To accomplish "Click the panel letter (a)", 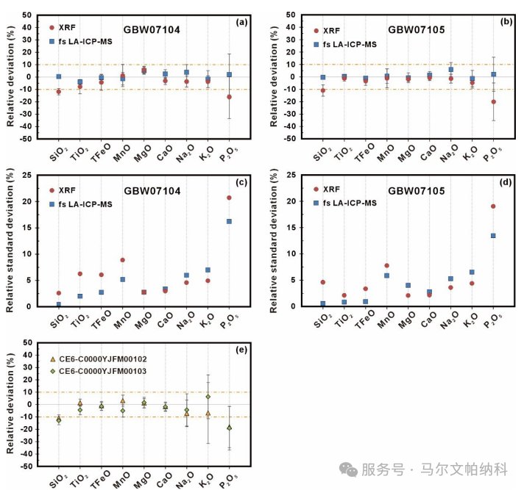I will pyautogui.click(x=241, y=22).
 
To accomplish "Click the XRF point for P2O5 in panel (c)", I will pyautogui.click(x=230, y=198).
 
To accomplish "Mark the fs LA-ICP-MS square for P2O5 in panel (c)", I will pyautogui.click(x=230, y=221).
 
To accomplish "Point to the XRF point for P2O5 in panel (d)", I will pyautogui.click(x=493, y=206).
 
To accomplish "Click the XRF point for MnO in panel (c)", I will pyautogui.click(x=123, y=260).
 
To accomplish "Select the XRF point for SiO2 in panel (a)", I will pyautogui.click(x=59, y=92).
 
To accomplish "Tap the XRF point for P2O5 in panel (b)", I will pyautogui.click(x=493, y=101).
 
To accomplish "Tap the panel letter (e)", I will pyautogui.click(x=241, y=350).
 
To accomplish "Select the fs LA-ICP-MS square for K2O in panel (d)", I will pyautogui.click(x=472, y=272).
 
